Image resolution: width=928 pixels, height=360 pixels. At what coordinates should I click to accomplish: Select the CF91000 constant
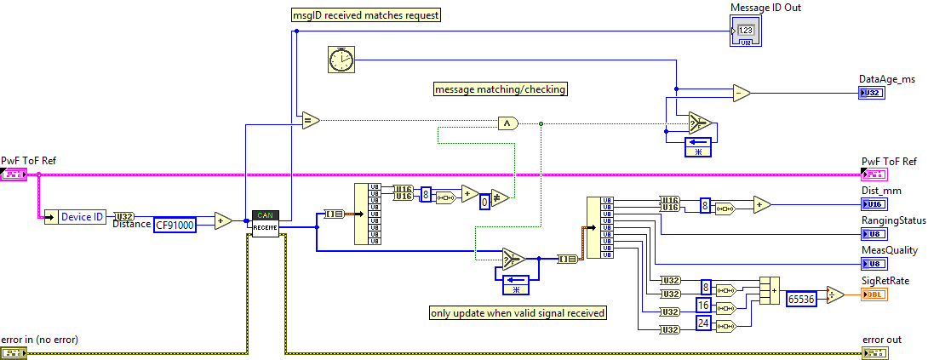tap(175, 226)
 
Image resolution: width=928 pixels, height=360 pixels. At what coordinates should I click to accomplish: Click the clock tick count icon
tap(341, 59)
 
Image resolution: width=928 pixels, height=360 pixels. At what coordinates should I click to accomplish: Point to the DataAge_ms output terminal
tap(873, 92)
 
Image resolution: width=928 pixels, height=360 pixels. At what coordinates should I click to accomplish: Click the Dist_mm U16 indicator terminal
tap(874, 204)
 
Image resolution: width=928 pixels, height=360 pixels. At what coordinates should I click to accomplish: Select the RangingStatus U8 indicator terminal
tap(874, 234)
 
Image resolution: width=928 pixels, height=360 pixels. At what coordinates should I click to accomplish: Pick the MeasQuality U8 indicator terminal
tap(874, 264)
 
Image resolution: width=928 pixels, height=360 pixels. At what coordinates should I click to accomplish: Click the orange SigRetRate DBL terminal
tap(874, 294)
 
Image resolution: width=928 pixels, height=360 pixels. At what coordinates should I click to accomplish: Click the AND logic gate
tap(508, 123)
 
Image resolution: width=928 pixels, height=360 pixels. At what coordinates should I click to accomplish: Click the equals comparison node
tap(310, 120)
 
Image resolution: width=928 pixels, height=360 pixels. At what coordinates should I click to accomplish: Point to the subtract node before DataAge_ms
tap(742, 92)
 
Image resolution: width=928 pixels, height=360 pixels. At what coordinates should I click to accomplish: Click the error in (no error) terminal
tap(14, 352)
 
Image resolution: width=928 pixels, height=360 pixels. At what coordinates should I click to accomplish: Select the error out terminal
tap(874, 352)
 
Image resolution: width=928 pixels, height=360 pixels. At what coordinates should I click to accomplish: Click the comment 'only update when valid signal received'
tap(518, 313)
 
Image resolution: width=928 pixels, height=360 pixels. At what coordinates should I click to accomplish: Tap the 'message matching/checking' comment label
tap(500, 89)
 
